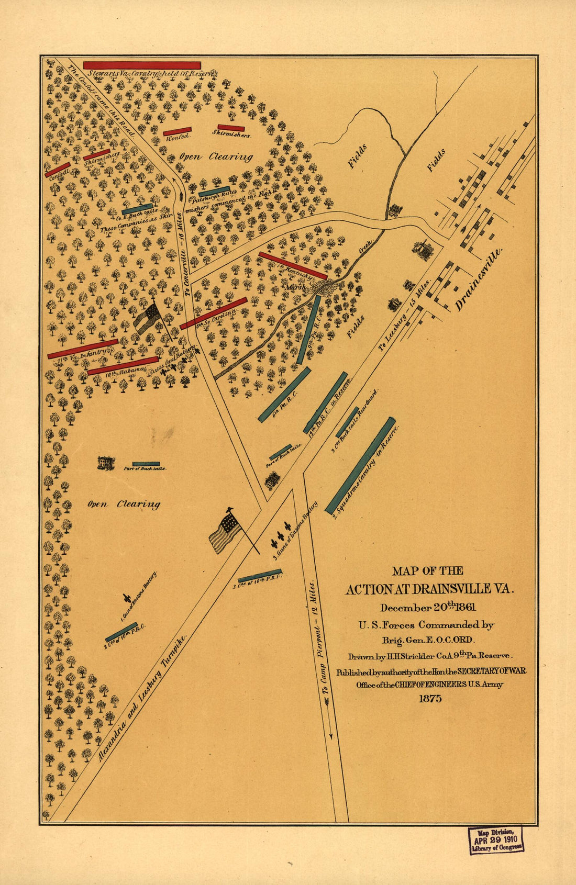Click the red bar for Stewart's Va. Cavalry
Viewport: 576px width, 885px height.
(141, 65)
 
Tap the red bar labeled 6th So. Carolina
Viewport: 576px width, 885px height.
(213, 313)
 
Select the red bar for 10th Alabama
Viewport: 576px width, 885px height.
(123, 366)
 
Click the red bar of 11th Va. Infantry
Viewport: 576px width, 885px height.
(83, 349)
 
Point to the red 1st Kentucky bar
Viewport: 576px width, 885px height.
(293, 266)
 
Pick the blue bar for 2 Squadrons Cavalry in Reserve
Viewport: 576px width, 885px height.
(360, 465)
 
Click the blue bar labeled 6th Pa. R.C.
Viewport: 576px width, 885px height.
(284, 394)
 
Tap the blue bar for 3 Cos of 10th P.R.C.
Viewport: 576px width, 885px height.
(260, 576)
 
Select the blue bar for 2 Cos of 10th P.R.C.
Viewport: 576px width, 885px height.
(121, 632)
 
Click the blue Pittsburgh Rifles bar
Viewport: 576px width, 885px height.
(214, 192)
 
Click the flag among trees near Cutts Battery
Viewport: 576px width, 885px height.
(149, 318)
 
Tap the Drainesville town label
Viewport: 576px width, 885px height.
(479, 280)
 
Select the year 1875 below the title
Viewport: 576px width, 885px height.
(430, 698)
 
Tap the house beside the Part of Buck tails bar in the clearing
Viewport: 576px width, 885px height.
(106, 463)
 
